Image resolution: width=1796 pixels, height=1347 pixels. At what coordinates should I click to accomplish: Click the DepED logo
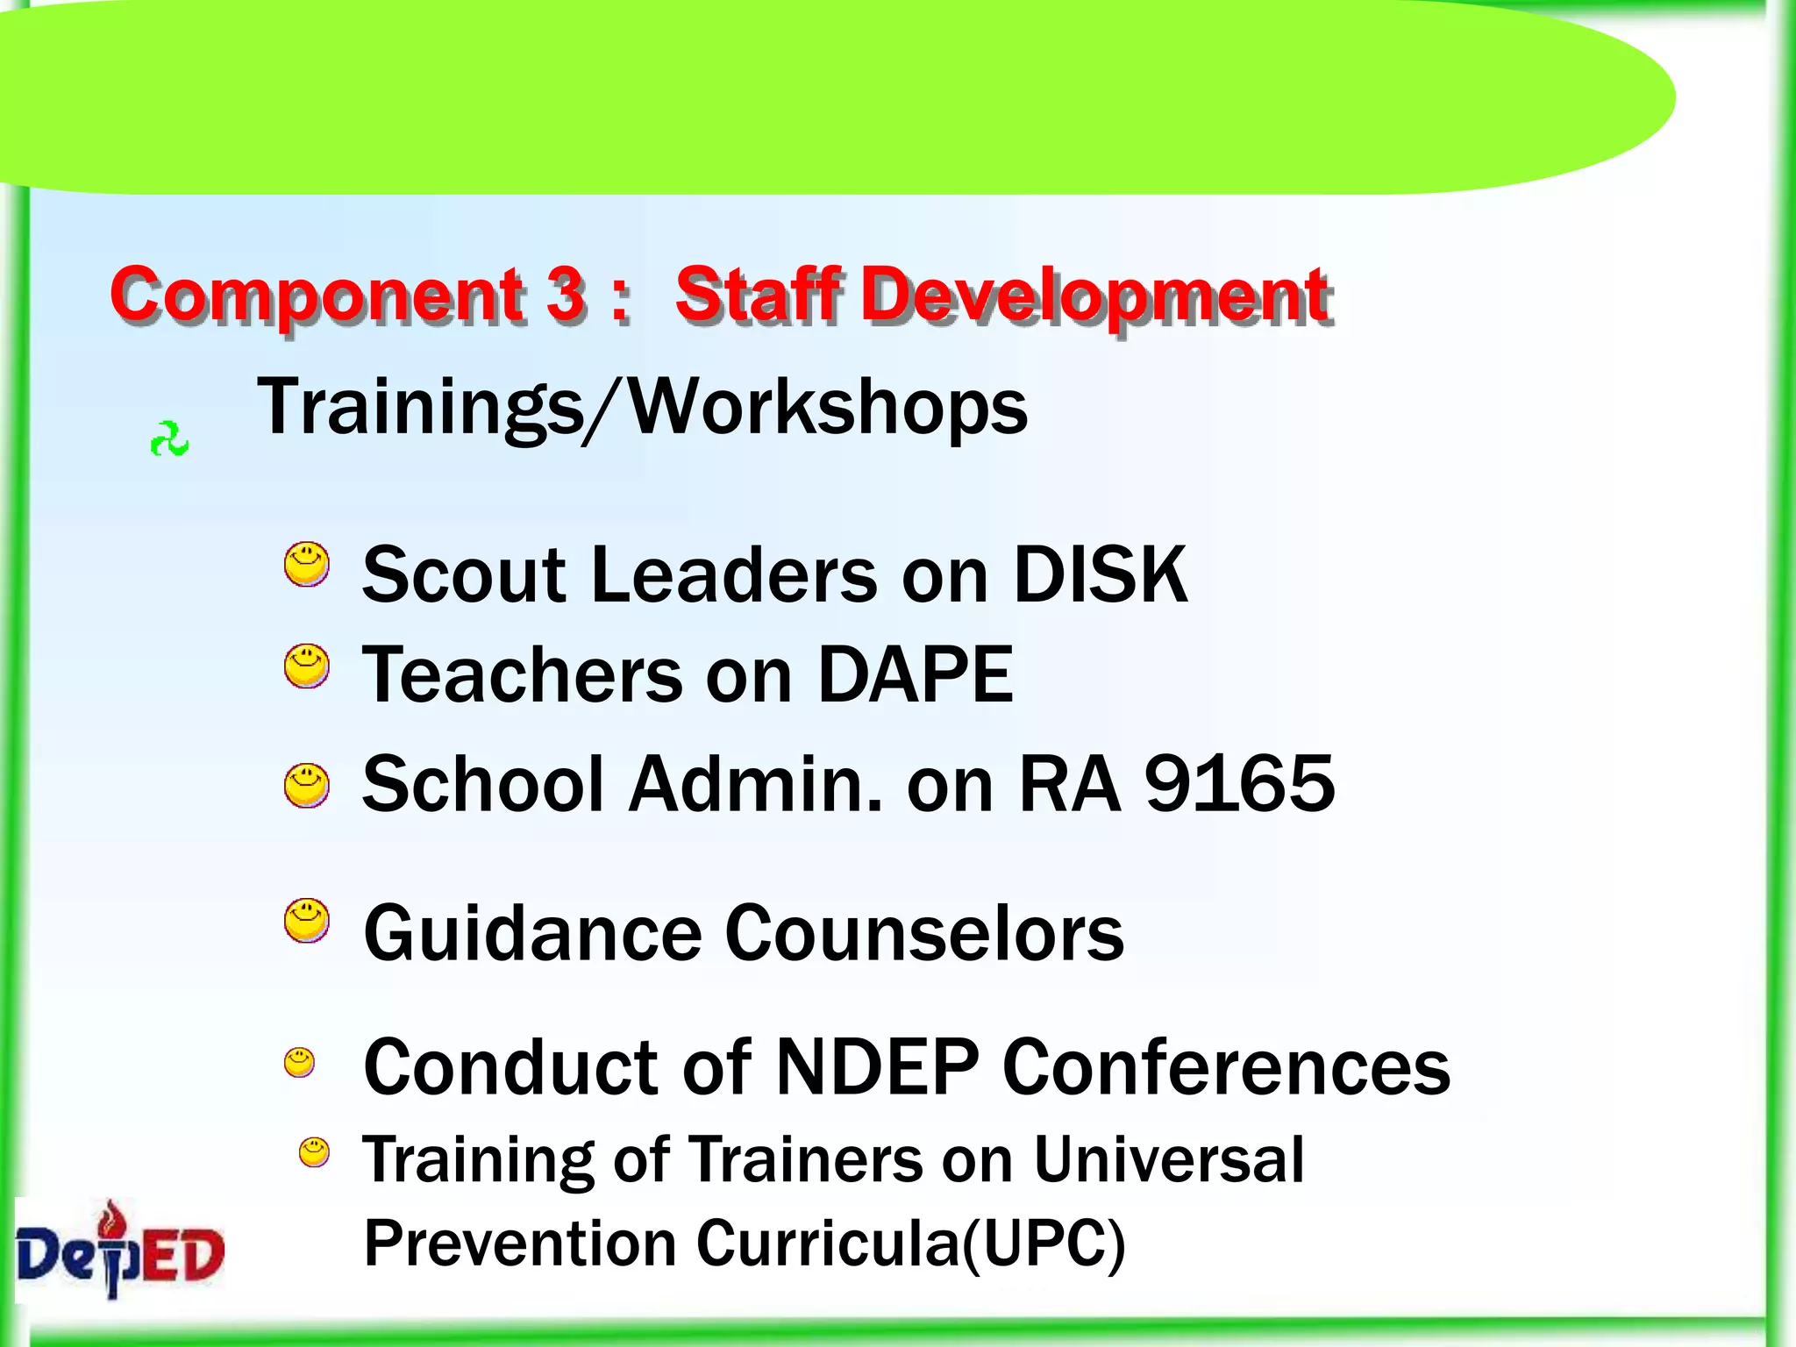click(x=120, y=1250)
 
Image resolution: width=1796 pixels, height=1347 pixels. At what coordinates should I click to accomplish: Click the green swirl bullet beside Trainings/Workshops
click(x=169, y=439)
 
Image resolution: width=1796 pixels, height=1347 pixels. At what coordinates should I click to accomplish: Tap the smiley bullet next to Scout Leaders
click(x=307, y=564)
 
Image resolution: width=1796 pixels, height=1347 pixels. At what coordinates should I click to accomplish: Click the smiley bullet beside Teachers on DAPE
click(x=307, y=666)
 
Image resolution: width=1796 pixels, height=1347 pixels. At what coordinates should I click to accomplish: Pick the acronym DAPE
click(x=915, y=674)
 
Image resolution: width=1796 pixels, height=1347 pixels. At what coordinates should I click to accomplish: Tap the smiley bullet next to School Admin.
click(x=307, y=785)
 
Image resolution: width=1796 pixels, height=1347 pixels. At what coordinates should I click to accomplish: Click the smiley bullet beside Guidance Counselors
click(x=307, y=921)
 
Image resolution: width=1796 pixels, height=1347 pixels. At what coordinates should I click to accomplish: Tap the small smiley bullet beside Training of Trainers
click(x=314, y=1152)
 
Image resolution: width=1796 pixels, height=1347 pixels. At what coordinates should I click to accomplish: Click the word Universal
click(x=1168, y=1159)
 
